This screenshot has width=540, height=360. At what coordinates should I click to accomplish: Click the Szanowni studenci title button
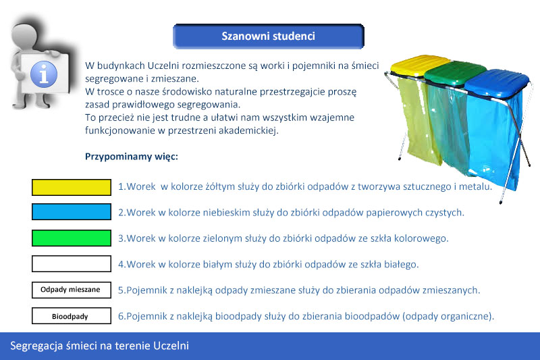(x=268, y=36)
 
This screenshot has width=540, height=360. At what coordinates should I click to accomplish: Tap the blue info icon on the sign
(x=44, y=74)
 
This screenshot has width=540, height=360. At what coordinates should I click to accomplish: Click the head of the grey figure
(x=24, y=36)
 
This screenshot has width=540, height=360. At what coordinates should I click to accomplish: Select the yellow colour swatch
(x=72, y=187)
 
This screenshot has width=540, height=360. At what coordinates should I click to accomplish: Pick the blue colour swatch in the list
(x=72, y=211)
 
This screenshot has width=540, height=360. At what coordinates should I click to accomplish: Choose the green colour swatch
(x=72, y=238)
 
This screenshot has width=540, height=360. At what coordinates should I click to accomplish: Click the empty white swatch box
(x=72, y=264)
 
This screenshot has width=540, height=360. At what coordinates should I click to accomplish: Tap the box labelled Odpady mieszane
(x=72, y=290)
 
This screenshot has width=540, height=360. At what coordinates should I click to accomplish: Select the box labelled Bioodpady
(x=72, y=315)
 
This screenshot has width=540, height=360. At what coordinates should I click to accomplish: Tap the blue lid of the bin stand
(x=497, y=82)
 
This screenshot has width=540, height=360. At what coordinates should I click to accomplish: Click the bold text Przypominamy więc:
(x=132, y=157)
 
